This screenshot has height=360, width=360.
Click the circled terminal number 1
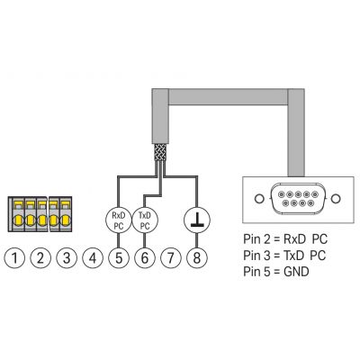point(14,257)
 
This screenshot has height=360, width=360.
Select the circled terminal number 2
point(40,257)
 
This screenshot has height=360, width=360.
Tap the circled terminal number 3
point(67,257)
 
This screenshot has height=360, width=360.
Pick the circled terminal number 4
point(93,257)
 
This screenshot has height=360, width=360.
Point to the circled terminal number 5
point(119,257)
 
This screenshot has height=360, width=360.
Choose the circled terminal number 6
point(145,257)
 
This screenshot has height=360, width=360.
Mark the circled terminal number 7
point(171,257)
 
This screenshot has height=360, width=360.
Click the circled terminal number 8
point(197,257)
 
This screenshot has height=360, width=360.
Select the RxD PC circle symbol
point(119,220)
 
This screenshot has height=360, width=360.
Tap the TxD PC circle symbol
point(145,220)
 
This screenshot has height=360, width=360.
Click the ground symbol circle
point(197,220)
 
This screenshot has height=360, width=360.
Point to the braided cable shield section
point(160,152)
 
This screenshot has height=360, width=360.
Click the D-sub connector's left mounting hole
point(258,198)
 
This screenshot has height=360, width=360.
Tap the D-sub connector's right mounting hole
point(337,198)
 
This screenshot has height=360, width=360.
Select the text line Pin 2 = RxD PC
point(285,239)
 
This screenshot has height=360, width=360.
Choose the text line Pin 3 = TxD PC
point(284,256)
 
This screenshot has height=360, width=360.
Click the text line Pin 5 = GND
point(276,272)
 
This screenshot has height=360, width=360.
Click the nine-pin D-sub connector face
point(298,198)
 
